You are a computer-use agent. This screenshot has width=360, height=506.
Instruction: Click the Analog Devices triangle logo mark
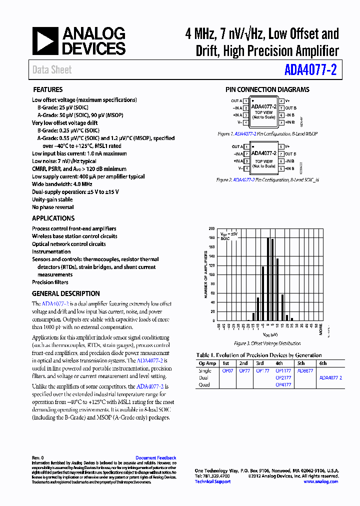point(45,41)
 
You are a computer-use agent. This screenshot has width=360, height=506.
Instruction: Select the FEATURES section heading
point(47,90)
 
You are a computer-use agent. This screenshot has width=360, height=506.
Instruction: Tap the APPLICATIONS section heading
point(53,218)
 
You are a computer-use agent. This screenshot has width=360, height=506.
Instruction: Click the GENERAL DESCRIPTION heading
point(66,294)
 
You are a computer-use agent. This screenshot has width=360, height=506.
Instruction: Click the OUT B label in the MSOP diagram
point(291,108)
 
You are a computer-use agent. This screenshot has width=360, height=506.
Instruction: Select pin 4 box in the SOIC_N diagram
point(246,168)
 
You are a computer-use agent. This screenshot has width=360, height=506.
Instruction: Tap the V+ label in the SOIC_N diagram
point(288,147)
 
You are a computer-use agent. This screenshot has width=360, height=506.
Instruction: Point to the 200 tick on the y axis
point(212,228)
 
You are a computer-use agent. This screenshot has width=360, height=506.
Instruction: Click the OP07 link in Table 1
point(227,371)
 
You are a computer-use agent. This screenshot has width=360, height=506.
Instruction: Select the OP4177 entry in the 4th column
point(283,385)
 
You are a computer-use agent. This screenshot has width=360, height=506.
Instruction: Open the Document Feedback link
point(156,458)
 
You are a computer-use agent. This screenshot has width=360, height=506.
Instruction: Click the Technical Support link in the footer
point(212,481)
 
